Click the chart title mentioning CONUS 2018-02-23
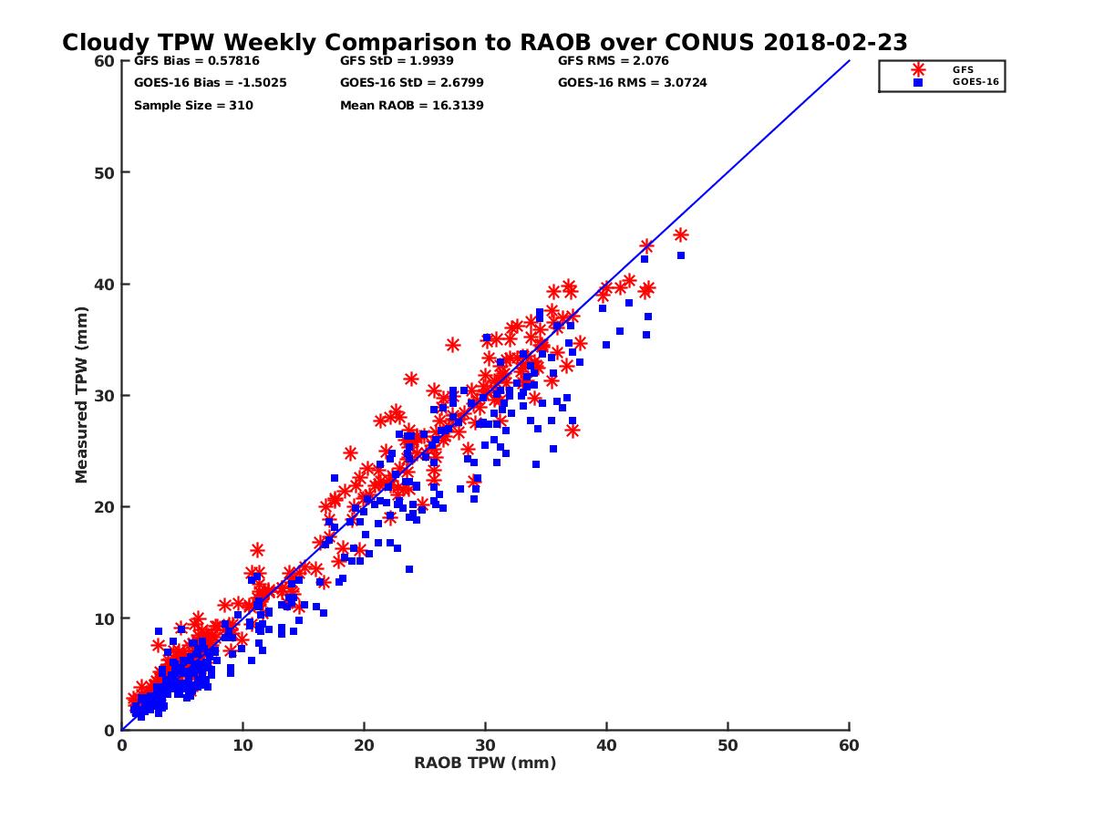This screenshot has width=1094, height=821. click(x=484, y=42)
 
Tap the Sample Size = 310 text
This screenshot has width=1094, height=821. click(x=193, y=105)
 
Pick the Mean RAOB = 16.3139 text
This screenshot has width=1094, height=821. click(x=411, y=105)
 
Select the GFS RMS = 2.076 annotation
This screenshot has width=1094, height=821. click(x=614, y=61)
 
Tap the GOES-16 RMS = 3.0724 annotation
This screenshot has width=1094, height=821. click(x=632, y=83)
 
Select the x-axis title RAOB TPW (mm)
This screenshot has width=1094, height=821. click(x=485, y=763)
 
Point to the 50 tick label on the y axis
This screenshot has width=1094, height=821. click(x=106, y=172)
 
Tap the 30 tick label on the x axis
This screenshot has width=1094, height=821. click(x=485, y=745)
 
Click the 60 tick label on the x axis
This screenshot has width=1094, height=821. click(x=849, y=745)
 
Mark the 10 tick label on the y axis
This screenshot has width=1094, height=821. click(x=106, y=618)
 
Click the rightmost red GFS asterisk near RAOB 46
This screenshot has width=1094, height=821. click(x=680, y=235)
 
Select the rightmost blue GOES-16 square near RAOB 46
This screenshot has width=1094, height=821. click(x=680, y=255)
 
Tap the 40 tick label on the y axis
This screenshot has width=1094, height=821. click(x=106, y=284)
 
